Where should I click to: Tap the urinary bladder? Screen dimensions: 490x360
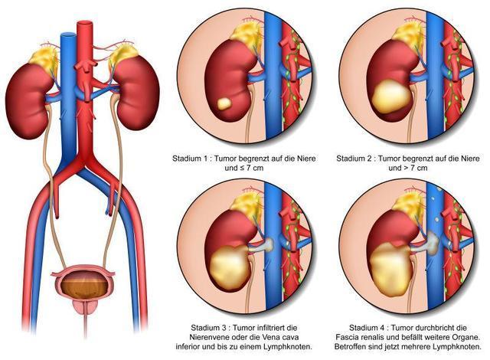click(x=83, y=282)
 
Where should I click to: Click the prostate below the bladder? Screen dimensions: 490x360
click(x=83, y=306)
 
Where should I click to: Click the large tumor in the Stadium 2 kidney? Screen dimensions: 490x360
click(x=390, y=97)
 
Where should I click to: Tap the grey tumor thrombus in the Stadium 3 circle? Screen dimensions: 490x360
click(x=262, y=245)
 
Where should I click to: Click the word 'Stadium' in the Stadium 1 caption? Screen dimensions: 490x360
click(x=187, y=159)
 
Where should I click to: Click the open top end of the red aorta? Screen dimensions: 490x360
click(x=85, y=22)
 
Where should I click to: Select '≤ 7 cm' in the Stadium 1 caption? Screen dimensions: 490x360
click(x=249, y=168)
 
